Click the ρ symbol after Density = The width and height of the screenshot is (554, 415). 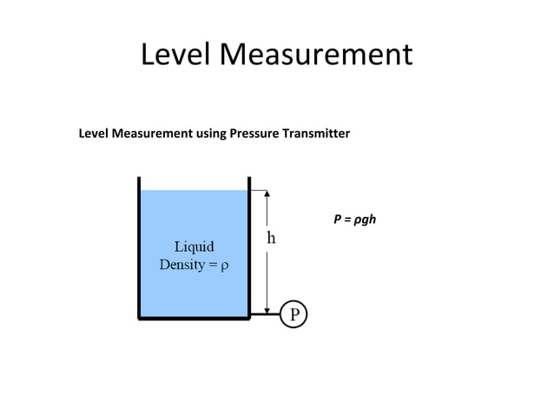[226, 264]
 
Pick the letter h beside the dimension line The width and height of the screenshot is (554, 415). [271, 238]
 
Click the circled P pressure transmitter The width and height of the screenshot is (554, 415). [294, 314]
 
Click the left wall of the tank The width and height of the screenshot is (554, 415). [139, 247]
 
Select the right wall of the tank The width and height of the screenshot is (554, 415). [250, 247]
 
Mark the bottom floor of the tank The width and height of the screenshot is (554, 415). [195, 319]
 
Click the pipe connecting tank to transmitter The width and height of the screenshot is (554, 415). [266, 314]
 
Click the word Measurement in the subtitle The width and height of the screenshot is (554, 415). [151, 134]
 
